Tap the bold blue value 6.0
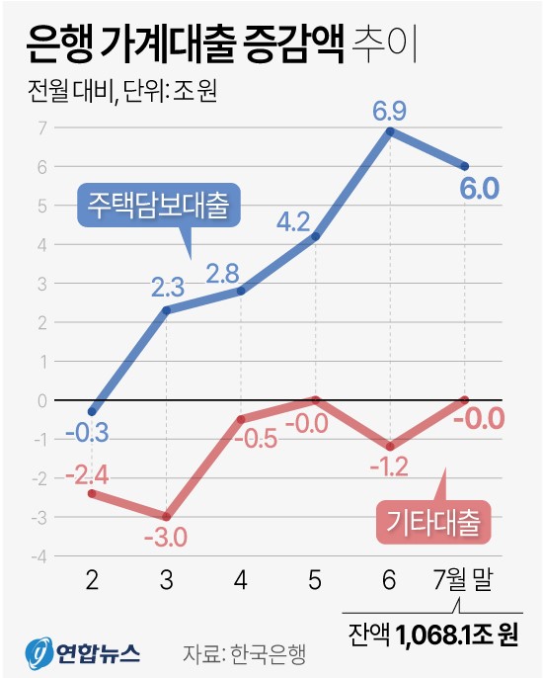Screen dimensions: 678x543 [464, 188]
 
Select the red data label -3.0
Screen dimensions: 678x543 [167, 539]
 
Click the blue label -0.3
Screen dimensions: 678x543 [90, 431]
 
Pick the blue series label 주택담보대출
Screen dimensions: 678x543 [158, 206]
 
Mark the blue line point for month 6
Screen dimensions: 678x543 [391, 130]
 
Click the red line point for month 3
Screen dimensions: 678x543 [167, 517]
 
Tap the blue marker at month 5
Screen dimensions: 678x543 [316, 236]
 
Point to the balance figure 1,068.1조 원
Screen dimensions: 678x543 [457, 633]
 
